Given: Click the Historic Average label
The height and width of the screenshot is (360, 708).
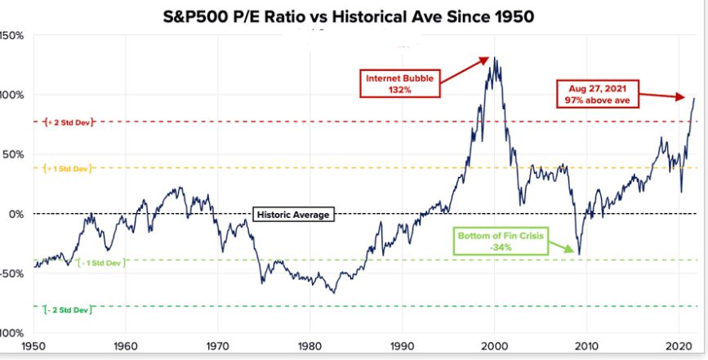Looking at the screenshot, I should [293, 215].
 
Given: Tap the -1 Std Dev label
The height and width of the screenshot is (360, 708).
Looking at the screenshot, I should [100, 262].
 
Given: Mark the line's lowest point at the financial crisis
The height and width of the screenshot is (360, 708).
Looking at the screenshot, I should [579, 254].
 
